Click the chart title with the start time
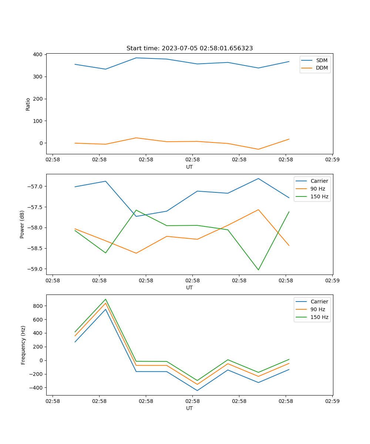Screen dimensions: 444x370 189,48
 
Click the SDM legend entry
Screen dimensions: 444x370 322,60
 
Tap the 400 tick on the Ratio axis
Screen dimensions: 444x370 37,55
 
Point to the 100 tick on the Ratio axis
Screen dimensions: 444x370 37,121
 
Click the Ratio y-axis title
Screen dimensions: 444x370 28,104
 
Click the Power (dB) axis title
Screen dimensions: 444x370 22,224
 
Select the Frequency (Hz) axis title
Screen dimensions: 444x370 23,345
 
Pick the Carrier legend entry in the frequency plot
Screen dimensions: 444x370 319,302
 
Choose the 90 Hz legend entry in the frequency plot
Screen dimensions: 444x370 318,309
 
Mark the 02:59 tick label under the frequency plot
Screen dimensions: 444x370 332,401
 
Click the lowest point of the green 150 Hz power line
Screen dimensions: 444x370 258,270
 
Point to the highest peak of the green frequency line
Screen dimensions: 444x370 105,299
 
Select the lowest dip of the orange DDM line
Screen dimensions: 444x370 258,149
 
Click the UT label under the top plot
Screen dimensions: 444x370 189,167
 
